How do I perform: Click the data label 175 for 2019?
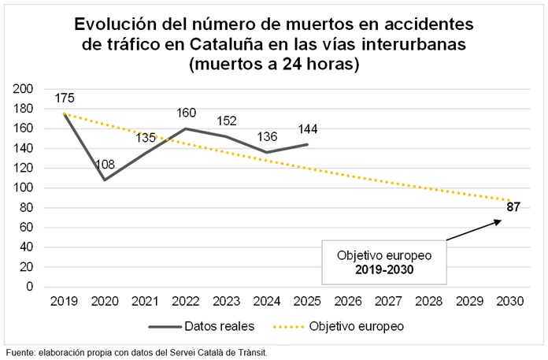(x=65, y=98)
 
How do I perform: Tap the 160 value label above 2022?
(x=187, y=113)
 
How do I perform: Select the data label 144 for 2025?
(x=308, y=128)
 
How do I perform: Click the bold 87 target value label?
(x=513, y=207)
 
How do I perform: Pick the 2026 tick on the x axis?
(x=347, y=301)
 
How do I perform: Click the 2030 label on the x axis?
(x=509, y=301)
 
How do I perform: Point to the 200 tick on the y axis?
(x=24, y=89)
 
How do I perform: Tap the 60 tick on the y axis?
(x=27, y=228)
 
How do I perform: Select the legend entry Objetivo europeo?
(x=355, y=325)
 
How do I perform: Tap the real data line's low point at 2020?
(x=105, y=180)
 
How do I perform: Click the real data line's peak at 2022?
(x=186, y=128)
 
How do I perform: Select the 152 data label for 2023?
(x=227, y=121)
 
